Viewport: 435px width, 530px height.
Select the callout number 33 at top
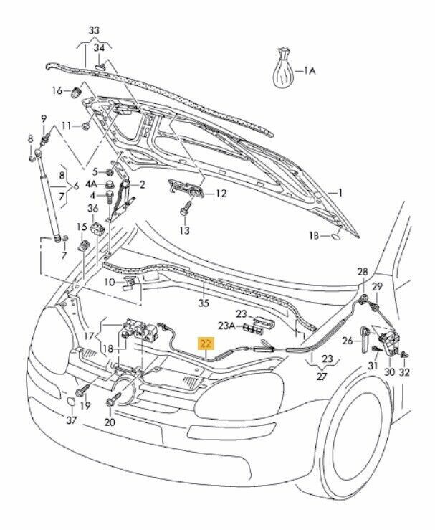click(95, 31)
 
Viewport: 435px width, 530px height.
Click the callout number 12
click(221, 194)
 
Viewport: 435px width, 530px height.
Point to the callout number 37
click(70, 420)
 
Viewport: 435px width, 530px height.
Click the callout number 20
click(109, 423)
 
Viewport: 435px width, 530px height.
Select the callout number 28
click(363, 272)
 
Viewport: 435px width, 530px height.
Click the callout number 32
click(406, 372)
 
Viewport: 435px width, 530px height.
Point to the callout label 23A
click(226, 325)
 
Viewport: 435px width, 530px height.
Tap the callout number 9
click(43, 118)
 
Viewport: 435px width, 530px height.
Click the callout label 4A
click(91, 184)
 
